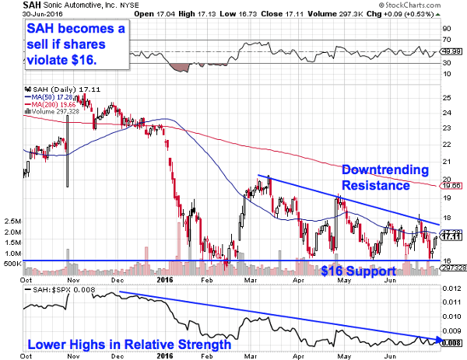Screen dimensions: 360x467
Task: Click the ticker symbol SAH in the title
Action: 12,5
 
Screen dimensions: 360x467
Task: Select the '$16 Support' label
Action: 357,271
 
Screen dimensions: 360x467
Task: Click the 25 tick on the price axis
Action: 447,98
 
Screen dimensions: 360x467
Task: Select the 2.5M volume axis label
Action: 11,221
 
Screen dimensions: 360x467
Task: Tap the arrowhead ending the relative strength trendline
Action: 441,340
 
